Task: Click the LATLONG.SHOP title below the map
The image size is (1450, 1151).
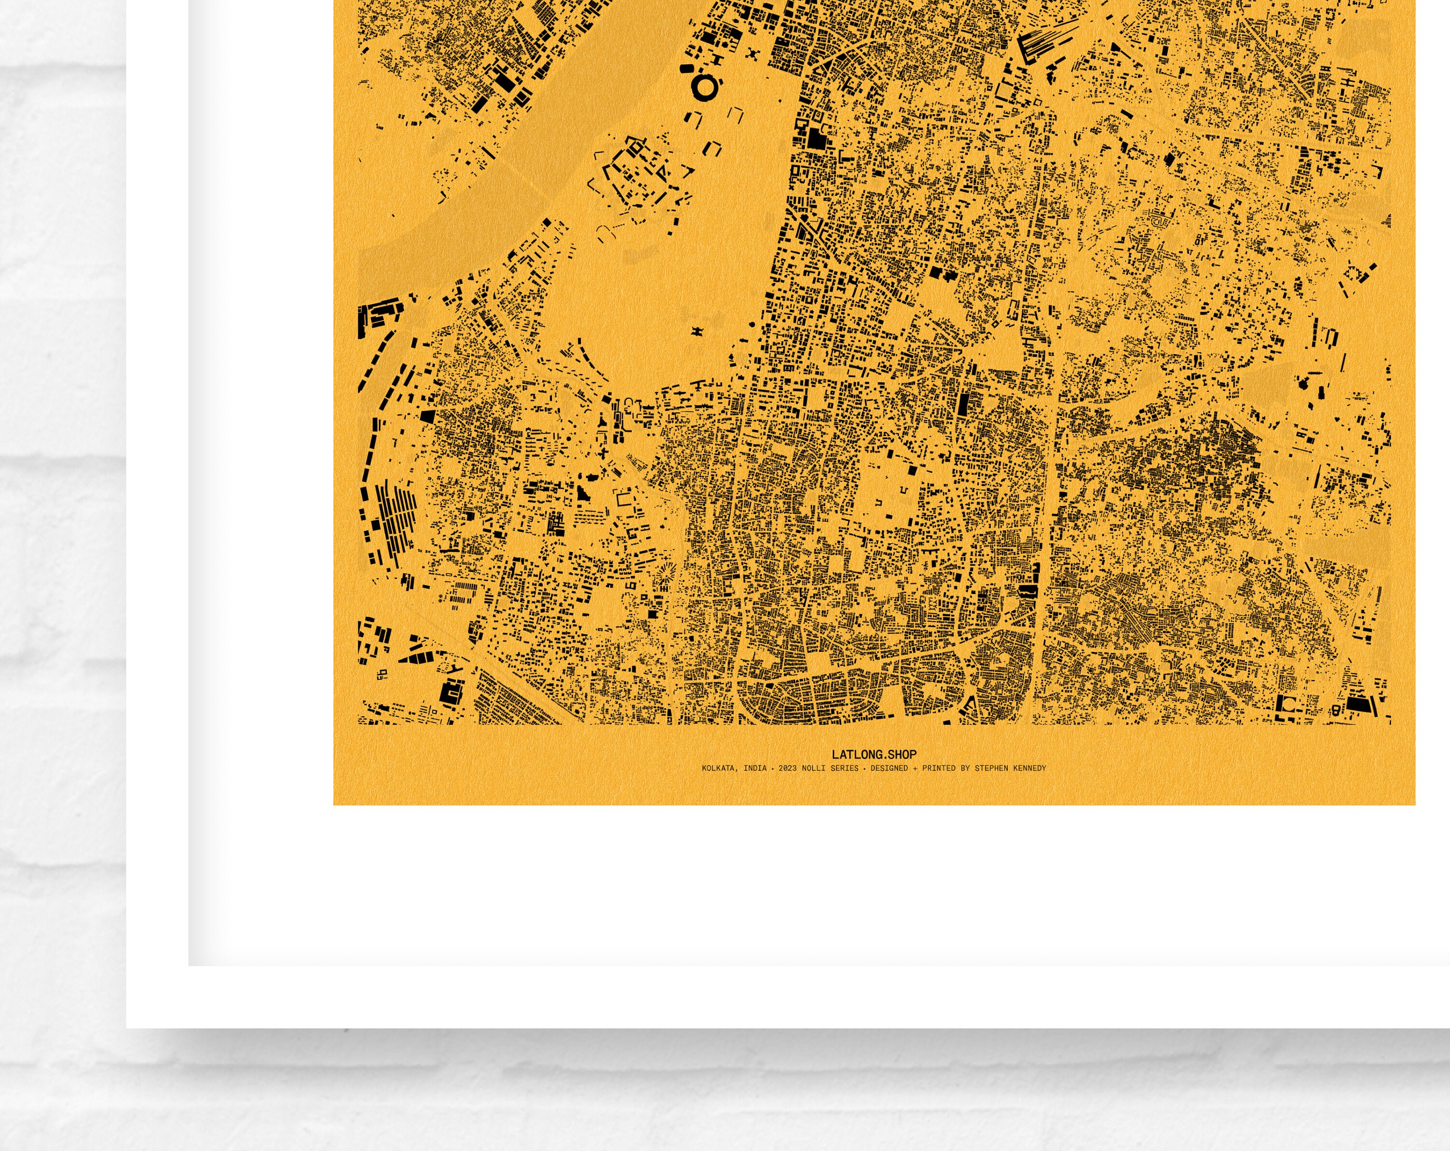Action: click(874, 755)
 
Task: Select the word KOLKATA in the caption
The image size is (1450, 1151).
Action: click(718, 768)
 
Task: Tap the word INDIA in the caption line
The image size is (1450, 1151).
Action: click(754, 768)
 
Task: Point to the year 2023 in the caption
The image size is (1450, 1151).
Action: click(787, 768)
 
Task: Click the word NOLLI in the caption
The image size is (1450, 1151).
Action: click(812, 768)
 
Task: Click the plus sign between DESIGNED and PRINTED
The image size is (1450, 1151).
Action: click(914, 768)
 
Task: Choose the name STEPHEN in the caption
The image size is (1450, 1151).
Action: click(991, 768)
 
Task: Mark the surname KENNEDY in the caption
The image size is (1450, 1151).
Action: click(1029, 768)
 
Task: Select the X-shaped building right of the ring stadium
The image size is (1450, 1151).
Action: click(753, 53)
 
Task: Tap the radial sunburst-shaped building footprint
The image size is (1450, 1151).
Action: click(667, 574)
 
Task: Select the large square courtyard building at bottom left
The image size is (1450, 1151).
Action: click(451, 692)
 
